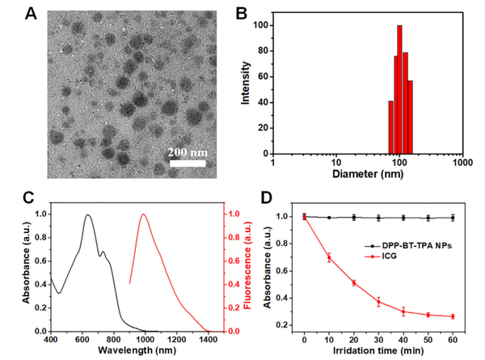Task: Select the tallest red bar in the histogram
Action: (399, 89)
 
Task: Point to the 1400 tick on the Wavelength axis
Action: (208, 340)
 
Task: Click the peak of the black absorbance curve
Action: (87, 214)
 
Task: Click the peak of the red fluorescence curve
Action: (144, 214)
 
